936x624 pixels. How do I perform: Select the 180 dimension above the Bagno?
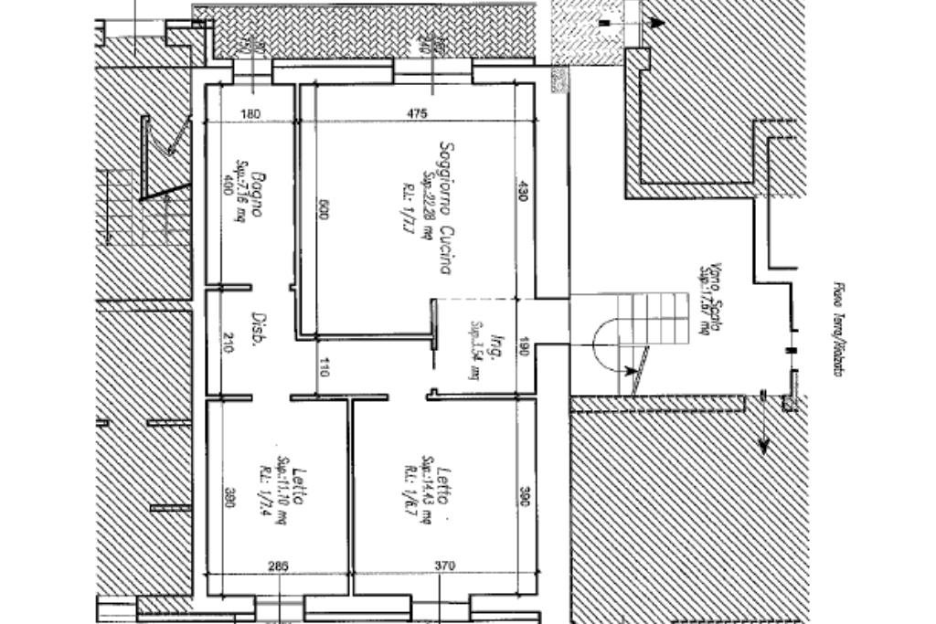point(250,113)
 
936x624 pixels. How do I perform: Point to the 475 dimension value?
point(417,113)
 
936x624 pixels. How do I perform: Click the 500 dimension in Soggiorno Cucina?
point(323,209)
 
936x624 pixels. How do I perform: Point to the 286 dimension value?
point(278,566)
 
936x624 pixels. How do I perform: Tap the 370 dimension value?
point(444,566)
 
